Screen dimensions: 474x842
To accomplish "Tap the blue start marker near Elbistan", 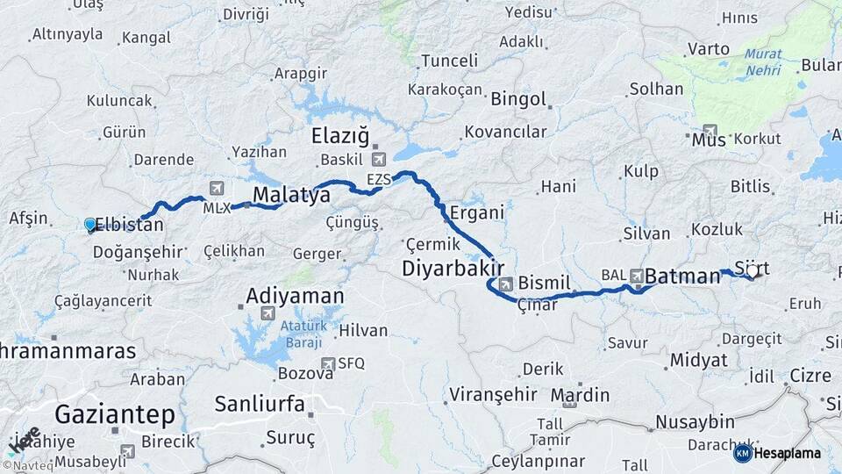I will click(x=89, y=225).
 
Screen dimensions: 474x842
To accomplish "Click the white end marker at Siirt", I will click(x=752, y=272).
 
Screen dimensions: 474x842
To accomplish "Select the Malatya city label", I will click(x=291, y=195).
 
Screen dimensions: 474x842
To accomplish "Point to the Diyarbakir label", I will click(x=453, y=267).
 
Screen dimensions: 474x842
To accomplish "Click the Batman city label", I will click(x=682, y=276).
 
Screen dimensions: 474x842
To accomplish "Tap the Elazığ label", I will click(x=341, y=136).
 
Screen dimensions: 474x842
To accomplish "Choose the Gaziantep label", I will click(x=115, y=413).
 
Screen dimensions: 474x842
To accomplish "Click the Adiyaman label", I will click(x=295, y=295).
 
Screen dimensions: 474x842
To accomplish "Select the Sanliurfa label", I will click(x=260, y=405).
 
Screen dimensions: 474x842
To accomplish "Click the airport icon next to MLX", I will click(x=217, y=188).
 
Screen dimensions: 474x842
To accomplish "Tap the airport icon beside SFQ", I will click(x=328, y=363).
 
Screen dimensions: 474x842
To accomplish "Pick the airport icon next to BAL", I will click(x=637, y=276).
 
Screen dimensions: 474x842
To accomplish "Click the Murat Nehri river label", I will click(x=763, y=60).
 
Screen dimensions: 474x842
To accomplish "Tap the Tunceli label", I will click(x=449, y=61).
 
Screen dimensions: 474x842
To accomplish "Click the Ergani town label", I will click(x=476, y=212).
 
